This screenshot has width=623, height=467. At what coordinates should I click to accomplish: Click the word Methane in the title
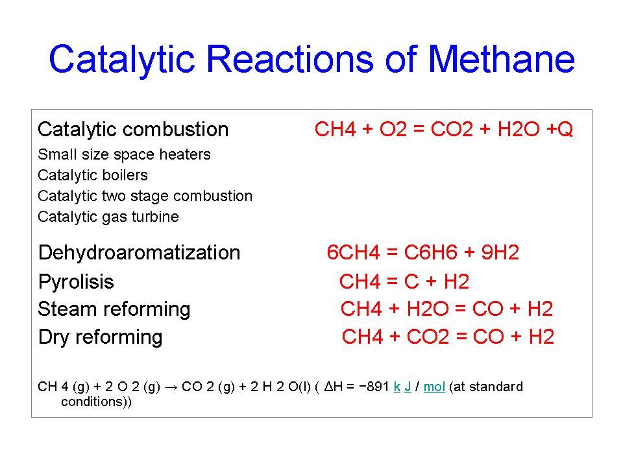(x=502, y=59)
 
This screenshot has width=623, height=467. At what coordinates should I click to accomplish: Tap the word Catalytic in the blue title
(x=122, y=60)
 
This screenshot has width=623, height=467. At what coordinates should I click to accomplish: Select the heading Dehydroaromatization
(x=139, y=253)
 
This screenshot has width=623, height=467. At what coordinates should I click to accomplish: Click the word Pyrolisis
(x=76, y=282)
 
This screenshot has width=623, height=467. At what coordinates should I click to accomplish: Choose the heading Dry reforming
(x=100, y=337)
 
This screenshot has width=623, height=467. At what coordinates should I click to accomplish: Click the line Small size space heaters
(x=124, y=154)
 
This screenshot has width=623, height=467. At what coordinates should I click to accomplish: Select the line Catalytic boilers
(x=93, y=176)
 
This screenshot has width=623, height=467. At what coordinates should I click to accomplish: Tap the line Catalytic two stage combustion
(x=145, y=196)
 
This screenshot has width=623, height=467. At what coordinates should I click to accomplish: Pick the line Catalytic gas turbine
(x=108, y=217)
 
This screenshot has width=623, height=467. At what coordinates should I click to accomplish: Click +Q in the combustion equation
(x=560, y=129)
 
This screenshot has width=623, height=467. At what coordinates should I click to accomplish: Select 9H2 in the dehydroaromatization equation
(x=500, y=252)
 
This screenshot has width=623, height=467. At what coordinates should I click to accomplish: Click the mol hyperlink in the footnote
(x=434, y=387)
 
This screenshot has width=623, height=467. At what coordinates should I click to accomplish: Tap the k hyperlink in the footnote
(x=397, y=387)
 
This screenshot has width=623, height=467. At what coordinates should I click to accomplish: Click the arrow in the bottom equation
(x=171, y=388)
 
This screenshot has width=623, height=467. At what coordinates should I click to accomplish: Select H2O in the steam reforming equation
(x=428, y=309)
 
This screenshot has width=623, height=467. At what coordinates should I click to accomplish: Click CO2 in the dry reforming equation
(x=428, y=337)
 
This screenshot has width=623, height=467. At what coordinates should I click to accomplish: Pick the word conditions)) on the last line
(x=96, y=402)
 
